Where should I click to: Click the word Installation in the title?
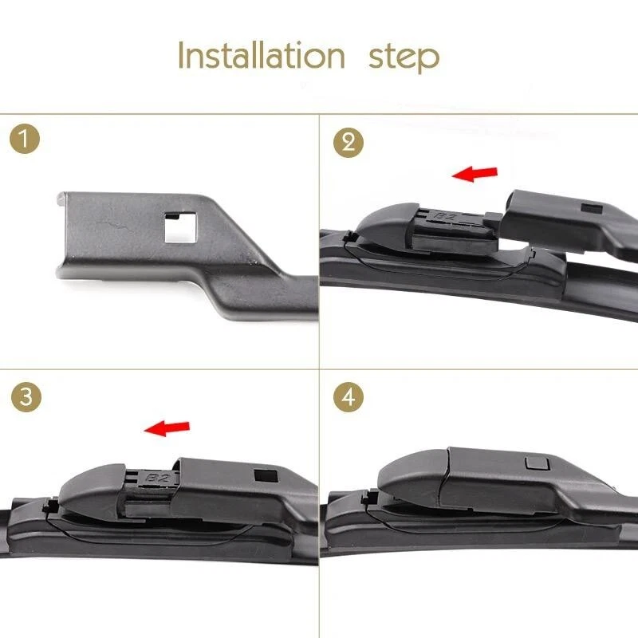261,57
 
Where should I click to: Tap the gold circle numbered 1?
27,140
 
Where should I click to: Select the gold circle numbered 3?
27,397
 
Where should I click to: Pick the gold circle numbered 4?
348,396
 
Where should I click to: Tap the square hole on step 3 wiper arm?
260,475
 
